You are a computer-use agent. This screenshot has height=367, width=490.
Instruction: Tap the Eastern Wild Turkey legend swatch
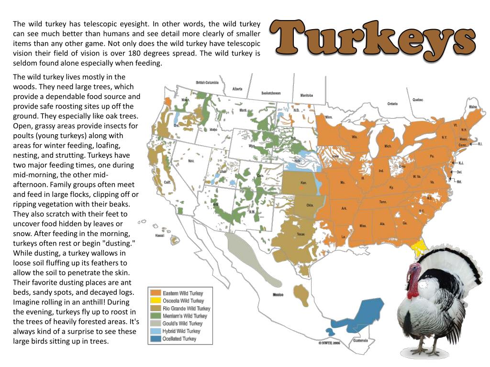[155, 293]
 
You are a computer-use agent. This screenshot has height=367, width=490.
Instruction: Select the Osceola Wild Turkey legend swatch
[155, 301]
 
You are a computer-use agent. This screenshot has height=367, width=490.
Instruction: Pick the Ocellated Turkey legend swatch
[155, 339]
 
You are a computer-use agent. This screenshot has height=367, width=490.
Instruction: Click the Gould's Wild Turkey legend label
[182, 324]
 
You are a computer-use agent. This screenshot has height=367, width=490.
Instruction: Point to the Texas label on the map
[301, 234]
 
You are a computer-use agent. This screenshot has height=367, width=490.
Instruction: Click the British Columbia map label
[207, 83]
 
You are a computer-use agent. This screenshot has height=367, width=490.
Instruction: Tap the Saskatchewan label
[271, 93]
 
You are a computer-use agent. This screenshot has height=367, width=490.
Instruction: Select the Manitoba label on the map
[307, 96]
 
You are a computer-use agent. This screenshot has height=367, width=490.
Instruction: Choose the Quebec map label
[417, 100]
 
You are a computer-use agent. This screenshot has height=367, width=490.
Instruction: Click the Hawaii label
[160, 236]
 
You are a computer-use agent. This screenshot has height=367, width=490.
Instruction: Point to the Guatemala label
[361, 341]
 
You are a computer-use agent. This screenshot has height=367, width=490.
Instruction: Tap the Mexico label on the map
[278, 295]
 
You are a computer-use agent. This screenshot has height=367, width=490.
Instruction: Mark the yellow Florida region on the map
[420, 248]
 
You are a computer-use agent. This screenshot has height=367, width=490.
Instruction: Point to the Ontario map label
[392, 104]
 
